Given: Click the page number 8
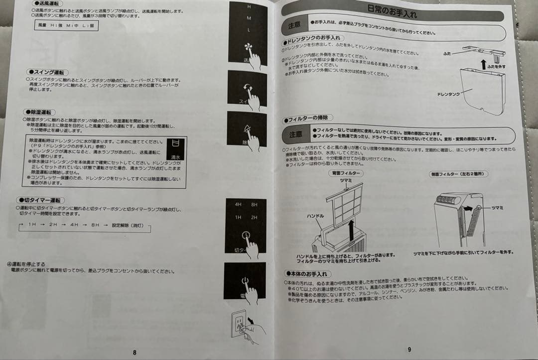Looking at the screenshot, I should click(134, 353).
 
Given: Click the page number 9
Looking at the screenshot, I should click(409, 350).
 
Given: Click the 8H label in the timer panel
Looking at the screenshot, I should click(255, 205).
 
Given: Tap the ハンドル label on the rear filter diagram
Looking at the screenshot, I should click(316, 216).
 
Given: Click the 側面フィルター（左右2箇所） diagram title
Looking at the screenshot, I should click(458, 174).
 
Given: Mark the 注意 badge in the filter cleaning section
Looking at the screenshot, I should click(295, 134).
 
